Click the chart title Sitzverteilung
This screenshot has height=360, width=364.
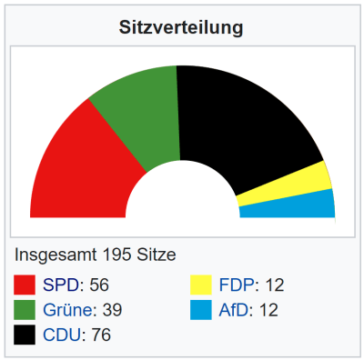click(182, 27)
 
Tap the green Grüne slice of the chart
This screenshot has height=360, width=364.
click(136, 114)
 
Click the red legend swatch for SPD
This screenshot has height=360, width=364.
click(25, 285)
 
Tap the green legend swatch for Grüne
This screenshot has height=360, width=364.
click(25, 310)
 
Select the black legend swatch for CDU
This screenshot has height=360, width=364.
click(25, 335)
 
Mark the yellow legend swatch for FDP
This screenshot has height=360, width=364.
click(200, 285)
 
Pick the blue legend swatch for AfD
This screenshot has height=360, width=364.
click(200, 310)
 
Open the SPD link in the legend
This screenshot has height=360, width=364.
click(61, 285)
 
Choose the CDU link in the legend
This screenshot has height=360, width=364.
click(61, 335)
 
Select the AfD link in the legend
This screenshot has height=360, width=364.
click(234, 310)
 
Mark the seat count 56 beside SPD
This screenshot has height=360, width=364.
click(96, 285)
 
